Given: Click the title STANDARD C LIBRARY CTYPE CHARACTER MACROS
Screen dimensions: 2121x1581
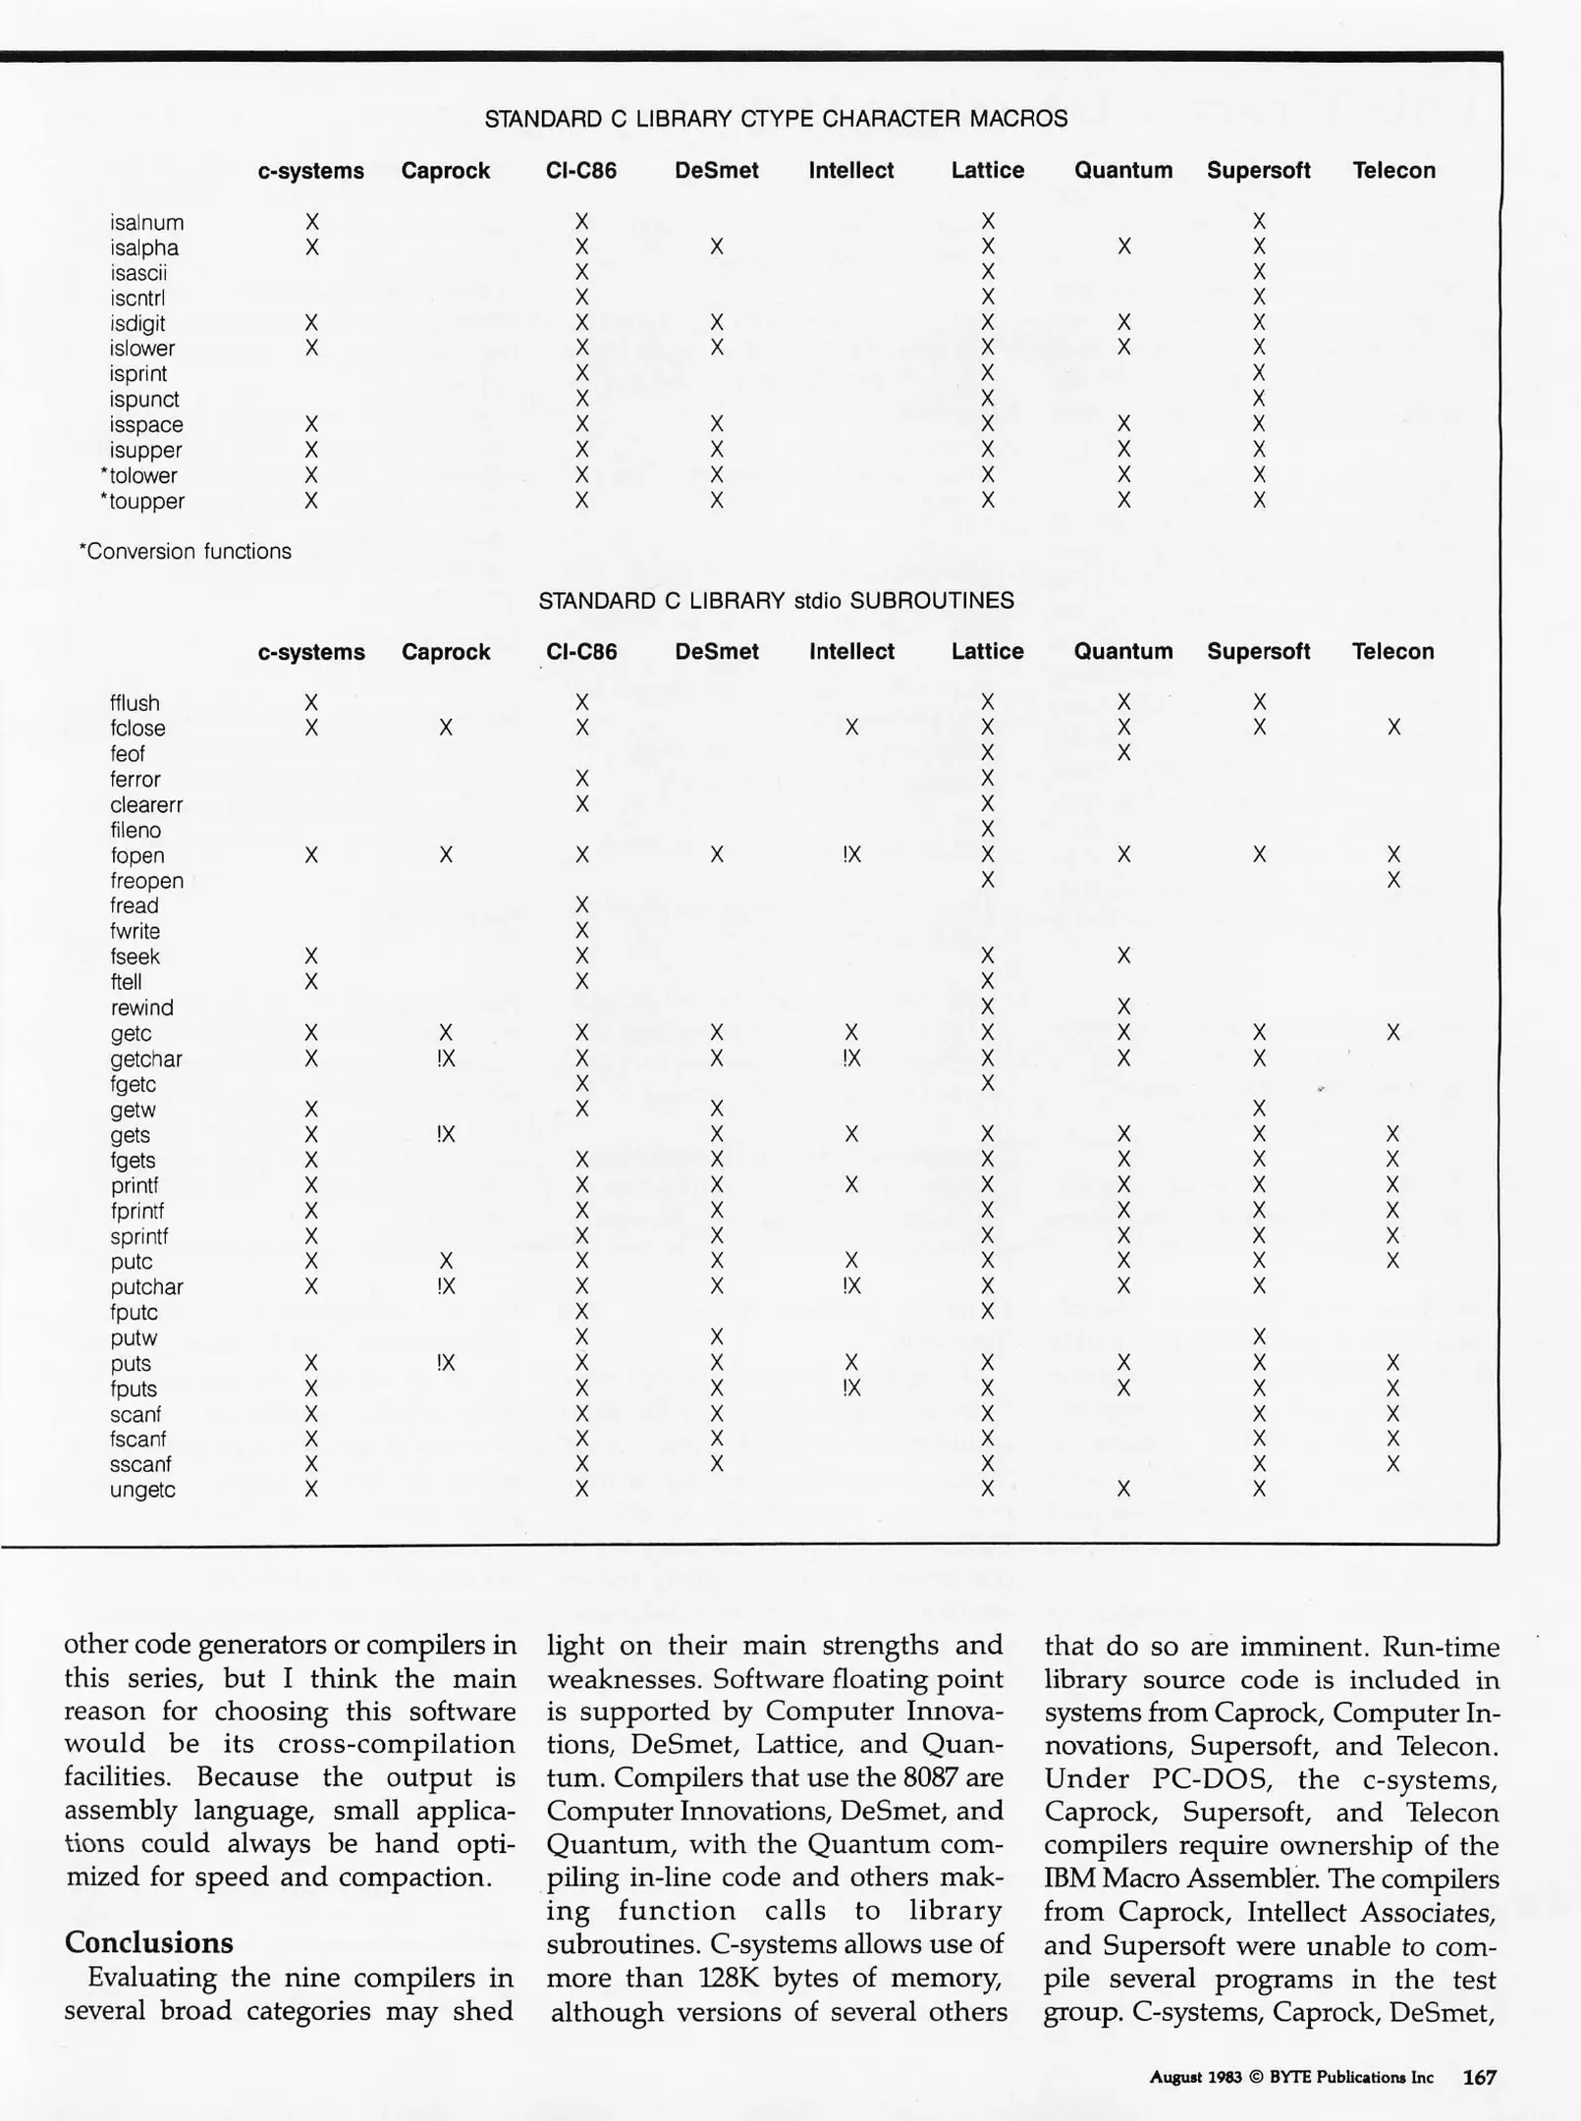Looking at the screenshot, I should pyautogui.click(x=776, y=119).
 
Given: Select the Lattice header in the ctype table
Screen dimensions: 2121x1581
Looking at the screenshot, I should pyautogui.click(x=987, y=170).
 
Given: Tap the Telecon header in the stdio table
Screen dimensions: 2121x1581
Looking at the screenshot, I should pyautogui.click(x=1392, y=651).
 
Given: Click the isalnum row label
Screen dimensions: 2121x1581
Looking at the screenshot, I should pyautogui.click(x=146, y=223).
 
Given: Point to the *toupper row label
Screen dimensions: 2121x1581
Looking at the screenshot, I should pyautogui.click(x=142, y=501).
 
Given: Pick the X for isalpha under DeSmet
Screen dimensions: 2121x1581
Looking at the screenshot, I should pyautogui.click(x=717, y=246).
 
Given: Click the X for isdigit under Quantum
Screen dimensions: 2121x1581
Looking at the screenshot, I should pyautogui.click(x=1124, y=323).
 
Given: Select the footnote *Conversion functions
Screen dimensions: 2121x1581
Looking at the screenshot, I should pyautogui.click(x=185, y=551).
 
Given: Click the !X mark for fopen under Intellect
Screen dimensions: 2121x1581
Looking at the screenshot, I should pyautogui.click(x=851, y=854).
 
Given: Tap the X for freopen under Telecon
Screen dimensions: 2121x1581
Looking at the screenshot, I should pyautogui.click(x=1393, y=880).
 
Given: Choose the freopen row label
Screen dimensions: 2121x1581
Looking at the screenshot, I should pyautogui.click(x=146, y=881).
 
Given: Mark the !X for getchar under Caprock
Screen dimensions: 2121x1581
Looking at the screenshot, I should pyautogui.click(x=446, y=1059).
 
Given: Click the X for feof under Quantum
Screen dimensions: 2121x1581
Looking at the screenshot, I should pyautogui.click(x=1124, y=753).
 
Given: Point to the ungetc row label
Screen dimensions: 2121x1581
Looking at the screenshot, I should pyautogui.click(x=142, y=1490).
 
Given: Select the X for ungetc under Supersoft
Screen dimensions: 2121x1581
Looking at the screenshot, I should pyautogui.click(x=1260, y=1490).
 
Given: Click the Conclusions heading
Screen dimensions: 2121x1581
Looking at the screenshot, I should pyautogui.click(x=148, y=1942).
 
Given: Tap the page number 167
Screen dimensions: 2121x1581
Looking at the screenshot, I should pyautogui.click(x=1479, y=2077).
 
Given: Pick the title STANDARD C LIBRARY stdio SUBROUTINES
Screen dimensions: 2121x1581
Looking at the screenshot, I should pyautogui.click(x=776, y=600).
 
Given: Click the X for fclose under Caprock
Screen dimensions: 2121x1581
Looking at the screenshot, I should pyautogui.click(x=446, y=728).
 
